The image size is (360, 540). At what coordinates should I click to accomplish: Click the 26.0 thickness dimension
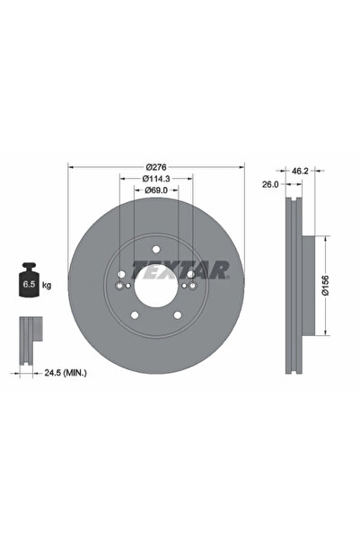(268, 185)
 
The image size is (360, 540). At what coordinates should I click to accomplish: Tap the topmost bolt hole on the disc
(156, 251)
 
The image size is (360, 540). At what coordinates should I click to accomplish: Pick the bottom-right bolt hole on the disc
(178, 314)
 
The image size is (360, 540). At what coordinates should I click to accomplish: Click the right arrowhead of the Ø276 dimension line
(240, 167)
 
